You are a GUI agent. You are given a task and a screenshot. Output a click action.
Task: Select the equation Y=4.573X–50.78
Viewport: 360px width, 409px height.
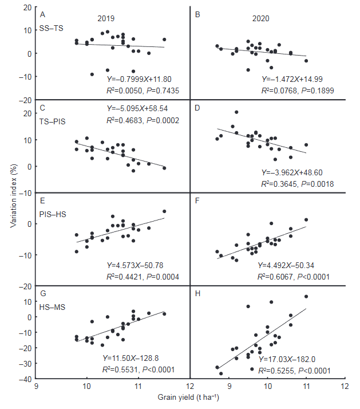(139, 266)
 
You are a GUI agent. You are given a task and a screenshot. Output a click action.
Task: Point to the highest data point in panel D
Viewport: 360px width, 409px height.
(236, 112)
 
